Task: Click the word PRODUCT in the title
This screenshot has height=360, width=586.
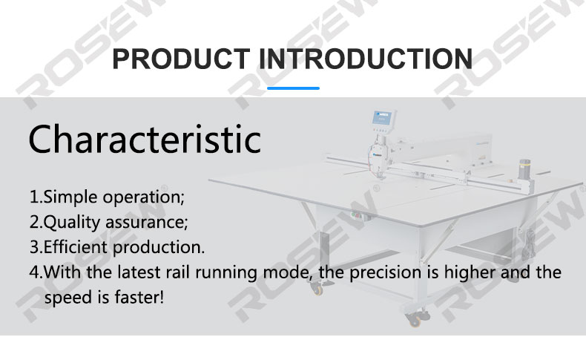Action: (181, 59)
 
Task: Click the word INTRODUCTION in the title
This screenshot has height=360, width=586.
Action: (366, 59)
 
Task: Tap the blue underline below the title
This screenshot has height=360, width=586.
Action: (294, 88)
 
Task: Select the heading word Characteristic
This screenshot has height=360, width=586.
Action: (145, 140)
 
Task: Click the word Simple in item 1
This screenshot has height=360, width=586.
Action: (70, 197)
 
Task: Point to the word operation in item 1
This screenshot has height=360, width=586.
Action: (143, 197)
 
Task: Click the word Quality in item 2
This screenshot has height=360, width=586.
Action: (72, 223)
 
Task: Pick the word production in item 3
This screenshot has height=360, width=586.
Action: (159, 247)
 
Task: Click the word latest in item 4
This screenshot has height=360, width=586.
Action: (139, 272)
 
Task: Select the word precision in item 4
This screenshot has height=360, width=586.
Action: (385, 272)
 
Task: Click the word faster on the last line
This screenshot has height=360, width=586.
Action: (139, 297)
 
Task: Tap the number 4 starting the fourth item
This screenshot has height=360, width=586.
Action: (34, 272)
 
